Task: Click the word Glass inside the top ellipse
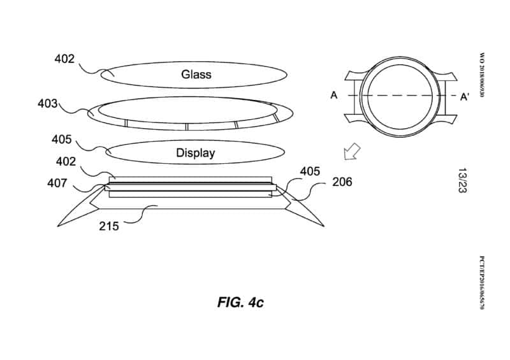click(x=196, y=75)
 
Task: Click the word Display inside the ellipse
click(x=195, y=153)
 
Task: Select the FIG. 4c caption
click(x=240, y=302)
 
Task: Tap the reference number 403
click(x=48, y=103)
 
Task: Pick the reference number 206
click(x=342, y=182)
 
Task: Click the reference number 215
click(x=108, y=226)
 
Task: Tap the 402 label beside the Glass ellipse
click(x=64, y=60)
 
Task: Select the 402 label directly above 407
click(x=66, y=162)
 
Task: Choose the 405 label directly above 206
click(x=310, y=171)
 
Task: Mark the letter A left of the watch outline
click(x=333, y=96)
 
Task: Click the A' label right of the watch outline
click(x=465, y=96)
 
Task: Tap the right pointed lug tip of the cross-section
click(x=324, y=226)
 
